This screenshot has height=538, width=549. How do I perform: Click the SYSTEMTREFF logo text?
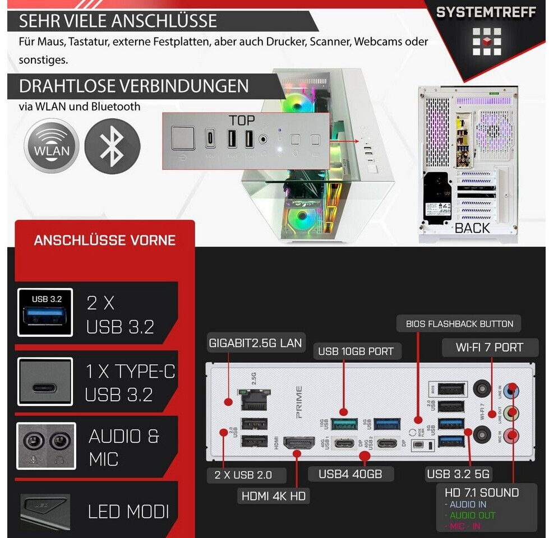[486, 12]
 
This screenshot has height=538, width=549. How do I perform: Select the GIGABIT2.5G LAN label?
[255, 342]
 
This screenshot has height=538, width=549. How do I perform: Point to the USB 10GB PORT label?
[356, 352]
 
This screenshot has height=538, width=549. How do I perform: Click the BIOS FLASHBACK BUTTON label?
[455, 323]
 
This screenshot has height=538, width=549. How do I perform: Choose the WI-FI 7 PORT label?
[489, 347]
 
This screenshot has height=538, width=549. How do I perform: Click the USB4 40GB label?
[350, 474]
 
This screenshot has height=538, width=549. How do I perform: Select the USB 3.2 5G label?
[458, 474]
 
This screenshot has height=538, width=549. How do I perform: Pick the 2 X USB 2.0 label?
[243, 474]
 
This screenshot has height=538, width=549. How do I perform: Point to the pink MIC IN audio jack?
[511, 435]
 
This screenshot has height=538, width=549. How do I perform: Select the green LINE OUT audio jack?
[511, 413]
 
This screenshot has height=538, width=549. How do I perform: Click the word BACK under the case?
[472, 228]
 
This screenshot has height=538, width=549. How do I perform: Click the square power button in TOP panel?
[183, 138]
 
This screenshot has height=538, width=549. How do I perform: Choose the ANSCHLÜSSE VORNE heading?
[105, 240]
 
